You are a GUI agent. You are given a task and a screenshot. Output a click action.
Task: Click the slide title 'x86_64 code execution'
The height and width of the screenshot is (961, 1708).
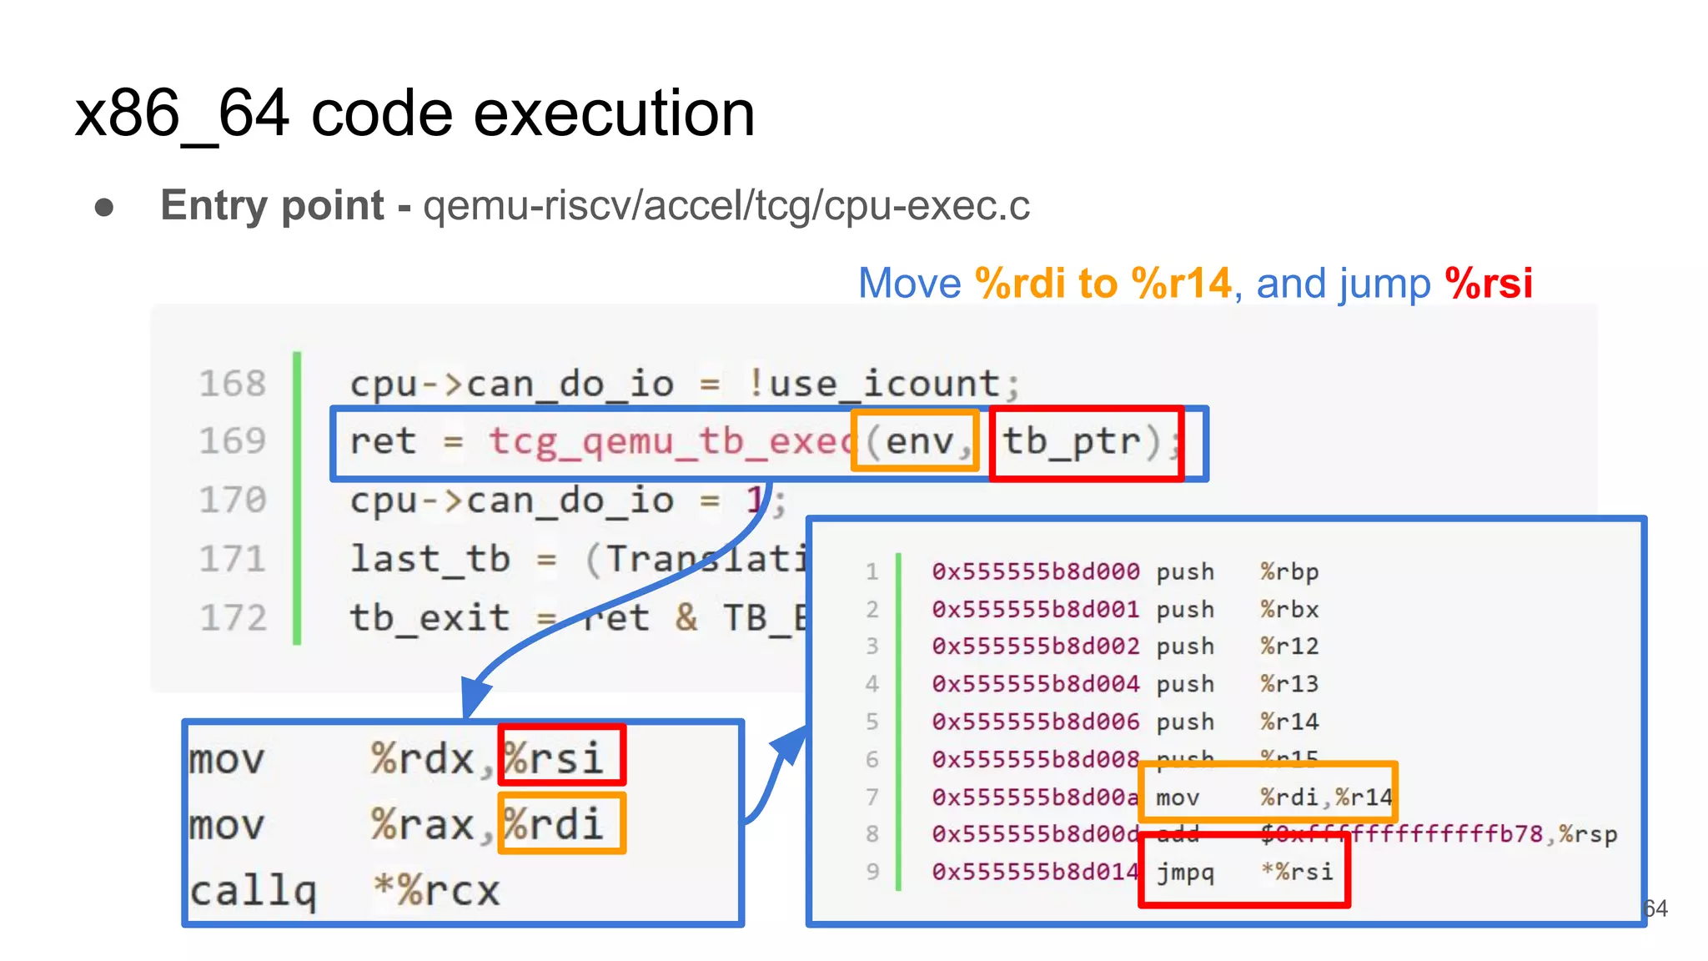coord(414,113)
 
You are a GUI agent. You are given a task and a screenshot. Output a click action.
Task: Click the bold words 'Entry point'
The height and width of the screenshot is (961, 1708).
coord(272,205)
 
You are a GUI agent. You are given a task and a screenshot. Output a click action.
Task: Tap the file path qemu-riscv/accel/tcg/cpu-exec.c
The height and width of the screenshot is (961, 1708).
coord(726,205)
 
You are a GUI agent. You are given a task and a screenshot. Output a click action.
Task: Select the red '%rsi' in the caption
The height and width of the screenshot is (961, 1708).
coord(1489,284)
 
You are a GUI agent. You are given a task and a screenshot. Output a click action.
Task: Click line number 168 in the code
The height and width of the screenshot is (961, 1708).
coord(232,384)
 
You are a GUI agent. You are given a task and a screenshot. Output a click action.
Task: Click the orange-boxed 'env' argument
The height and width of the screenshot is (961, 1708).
coord(917,441)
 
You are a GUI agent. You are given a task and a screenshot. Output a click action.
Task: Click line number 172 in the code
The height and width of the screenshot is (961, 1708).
coord(233,617)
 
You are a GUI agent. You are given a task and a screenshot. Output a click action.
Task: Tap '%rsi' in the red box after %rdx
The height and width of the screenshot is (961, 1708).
coord(555,757)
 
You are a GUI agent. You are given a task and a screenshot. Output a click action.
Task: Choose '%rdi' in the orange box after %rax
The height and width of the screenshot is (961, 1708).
coord(555,824)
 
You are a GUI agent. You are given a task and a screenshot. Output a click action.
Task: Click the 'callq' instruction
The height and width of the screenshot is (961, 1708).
coord(253,891)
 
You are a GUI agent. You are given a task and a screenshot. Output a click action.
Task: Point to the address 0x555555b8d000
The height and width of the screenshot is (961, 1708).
coord(1035,571)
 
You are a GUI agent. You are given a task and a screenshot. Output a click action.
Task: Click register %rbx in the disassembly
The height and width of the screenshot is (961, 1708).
coord(1289,609)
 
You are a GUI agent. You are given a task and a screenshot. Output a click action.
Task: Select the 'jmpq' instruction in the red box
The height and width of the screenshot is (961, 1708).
coord(1184,873)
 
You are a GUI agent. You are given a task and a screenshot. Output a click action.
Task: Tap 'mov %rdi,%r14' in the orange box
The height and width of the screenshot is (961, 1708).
coord(1273,797)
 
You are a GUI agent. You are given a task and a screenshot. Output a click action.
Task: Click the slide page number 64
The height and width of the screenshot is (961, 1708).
coord(1655,908)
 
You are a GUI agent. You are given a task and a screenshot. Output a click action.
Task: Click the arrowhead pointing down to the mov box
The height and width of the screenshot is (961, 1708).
coord(474,697)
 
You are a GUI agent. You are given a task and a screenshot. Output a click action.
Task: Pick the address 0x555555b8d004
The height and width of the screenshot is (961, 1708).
coord(1035,684)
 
